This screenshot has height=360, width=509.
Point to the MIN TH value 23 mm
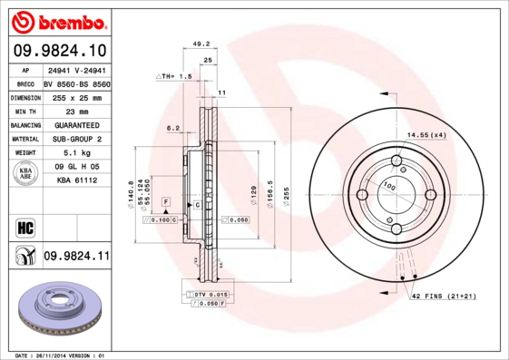click(63, 111)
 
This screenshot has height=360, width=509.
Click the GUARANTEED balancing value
click(74, 125)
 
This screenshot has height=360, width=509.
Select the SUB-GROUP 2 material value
click(74, 140)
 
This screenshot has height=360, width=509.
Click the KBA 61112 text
click(75, 180)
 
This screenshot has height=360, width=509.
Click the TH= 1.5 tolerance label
click(175, 77)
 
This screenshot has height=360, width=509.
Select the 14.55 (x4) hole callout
click(426, 135)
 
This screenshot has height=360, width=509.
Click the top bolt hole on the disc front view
click(396, 162)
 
